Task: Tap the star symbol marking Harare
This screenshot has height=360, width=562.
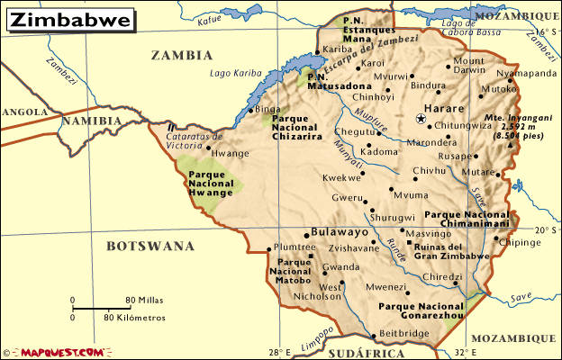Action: [421, 119]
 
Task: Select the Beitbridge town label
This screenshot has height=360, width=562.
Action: [404, 333]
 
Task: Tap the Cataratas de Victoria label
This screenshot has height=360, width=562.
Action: [193, 140]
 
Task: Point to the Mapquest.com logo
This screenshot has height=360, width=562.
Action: [53, 352]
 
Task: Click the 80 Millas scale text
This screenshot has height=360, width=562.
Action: [145, 300]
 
